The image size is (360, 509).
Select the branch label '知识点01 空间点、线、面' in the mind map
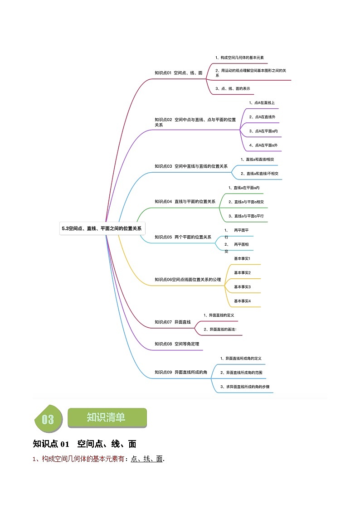pyautogui.click(x=179, y=73)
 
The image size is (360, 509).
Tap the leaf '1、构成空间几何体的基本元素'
pyautogui.click(x=239, y=58)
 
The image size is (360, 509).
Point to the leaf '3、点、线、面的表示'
pyautogui.click(x=233, y=89)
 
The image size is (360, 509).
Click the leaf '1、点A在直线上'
pyautogui.click(x=262, y=103)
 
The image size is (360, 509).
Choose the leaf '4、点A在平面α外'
pyautogui.click(x=263, y=145)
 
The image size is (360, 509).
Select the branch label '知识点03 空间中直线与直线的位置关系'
pyautogui.click(x=191, y=166)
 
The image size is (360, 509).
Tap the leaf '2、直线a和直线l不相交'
pyautogui.click(x=259, y=174)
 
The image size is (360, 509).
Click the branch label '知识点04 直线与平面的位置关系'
pyautogui.click(x=185, y=202)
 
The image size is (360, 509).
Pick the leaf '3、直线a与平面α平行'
pyautogui.click(x=246, y=216)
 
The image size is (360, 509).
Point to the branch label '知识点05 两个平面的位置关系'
pyautogui.click(x=183, y=238)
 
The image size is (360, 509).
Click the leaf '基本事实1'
pyautogui.click(x=242, y=259)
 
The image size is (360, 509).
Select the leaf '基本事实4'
pyautogui.click(x=243, y=301)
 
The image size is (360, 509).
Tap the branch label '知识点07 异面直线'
pyautogui.click(x=173, y=322)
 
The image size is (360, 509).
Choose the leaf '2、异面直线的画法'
pyautogui.click(x=220, y=330)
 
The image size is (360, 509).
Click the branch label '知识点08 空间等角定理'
pyautogui.click(x=177, y=344)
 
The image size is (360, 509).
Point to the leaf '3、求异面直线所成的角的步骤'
pyautogui.click(x=245, y=387)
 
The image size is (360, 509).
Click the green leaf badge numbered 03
pyautogui.click(x=49, y=419)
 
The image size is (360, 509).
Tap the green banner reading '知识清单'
pyautogui.click(x=107, y=418)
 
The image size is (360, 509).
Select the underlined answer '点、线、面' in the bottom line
pyautogui.click(x=147, y=459)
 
